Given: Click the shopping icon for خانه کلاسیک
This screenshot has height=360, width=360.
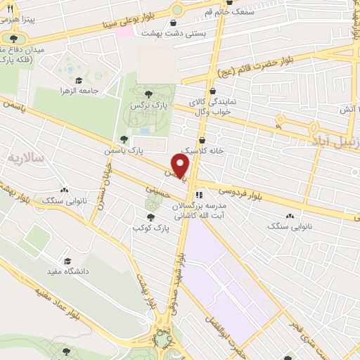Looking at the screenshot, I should point(202,139).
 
